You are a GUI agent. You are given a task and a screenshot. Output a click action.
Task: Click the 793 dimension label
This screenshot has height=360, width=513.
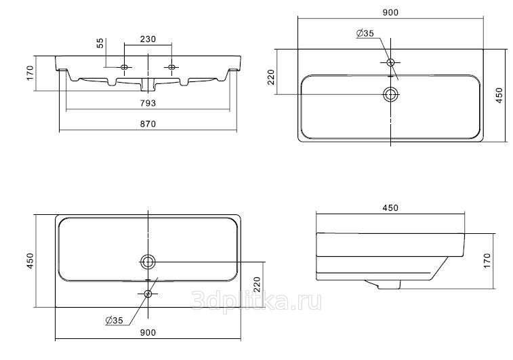[x=148, y=103]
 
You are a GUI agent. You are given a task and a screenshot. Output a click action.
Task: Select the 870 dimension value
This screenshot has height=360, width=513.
[x=148, y=124]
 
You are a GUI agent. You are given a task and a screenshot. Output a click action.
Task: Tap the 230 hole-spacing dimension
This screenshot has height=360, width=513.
[x=148, y=39]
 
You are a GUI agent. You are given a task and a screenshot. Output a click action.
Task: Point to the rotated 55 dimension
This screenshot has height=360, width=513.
[x=100, y=43]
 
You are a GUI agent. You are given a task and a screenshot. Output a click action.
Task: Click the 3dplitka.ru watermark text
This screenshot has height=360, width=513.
[x=256, y=301]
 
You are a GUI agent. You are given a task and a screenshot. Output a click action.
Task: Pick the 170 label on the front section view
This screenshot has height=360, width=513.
[x=30, y=73]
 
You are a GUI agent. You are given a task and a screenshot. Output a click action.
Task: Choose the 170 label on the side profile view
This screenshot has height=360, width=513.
[x=487, y=261]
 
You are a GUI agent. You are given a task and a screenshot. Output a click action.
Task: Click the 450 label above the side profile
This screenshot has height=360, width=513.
[x=390, y=208]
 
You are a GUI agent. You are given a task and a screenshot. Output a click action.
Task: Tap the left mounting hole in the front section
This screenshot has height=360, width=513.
[x=124, y=67]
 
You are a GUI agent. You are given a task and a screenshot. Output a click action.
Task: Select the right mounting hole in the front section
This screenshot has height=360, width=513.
[x=171, y=67]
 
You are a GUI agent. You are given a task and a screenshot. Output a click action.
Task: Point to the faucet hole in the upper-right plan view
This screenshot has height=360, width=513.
[x=390, y=62]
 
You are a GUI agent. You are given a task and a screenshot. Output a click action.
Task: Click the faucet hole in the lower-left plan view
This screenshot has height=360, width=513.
[x=148, y=294]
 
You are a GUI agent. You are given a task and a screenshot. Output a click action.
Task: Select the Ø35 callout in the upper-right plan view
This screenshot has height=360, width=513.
[x=365, y=33]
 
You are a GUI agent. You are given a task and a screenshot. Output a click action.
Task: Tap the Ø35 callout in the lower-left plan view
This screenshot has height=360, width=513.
[x=114, y=321]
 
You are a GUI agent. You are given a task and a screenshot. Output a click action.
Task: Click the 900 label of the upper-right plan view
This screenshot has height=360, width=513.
[x=390, y=12]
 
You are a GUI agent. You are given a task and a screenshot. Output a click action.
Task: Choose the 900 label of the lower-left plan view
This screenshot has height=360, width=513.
[x=148, y=332]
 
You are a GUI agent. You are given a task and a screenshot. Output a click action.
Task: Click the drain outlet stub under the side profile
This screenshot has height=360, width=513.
[x=384, y=284]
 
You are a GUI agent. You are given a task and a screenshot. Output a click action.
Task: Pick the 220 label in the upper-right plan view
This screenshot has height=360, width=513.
[x=271, y=77]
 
